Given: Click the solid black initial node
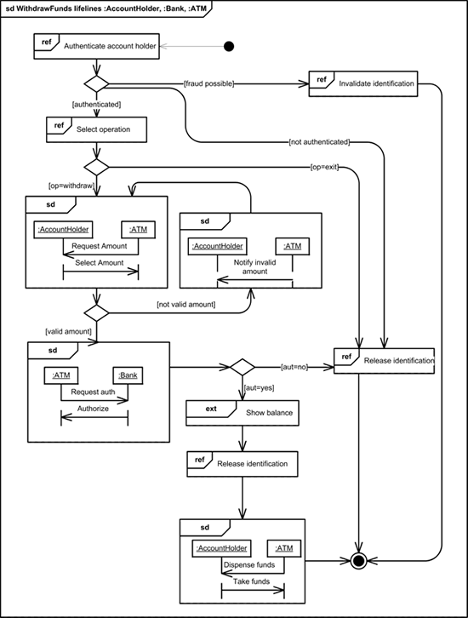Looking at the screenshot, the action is (229, 47).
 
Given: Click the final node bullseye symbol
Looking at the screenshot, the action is (358, 560).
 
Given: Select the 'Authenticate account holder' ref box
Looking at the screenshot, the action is (96, 47).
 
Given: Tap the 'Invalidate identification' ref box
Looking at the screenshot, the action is (363, 84).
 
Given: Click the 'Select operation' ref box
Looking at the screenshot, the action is (96, 129).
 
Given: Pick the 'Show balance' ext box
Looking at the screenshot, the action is (243, 413).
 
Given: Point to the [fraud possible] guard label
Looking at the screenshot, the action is (208, 83).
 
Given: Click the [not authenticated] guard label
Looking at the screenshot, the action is (319, 142).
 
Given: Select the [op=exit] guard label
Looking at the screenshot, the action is (324, 167).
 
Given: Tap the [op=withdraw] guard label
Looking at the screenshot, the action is (71, 186).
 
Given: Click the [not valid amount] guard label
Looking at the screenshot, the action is (186, 304).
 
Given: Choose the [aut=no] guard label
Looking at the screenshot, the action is (294, 367).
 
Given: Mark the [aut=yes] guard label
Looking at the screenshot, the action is (260, 388).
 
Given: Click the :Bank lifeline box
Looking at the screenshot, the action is (128, 375).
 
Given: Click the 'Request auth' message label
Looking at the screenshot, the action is (93, 392).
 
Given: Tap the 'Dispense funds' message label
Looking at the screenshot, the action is (249, 564).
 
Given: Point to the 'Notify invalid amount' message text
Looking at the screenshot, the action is (255, 266).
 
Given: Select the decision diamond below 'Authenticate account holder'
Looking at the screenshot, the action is (96, 84).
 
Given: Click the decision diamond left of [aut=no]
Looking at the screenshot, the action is (243, 367).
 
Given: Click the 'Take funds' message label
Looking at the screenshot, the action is (251, 581).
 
